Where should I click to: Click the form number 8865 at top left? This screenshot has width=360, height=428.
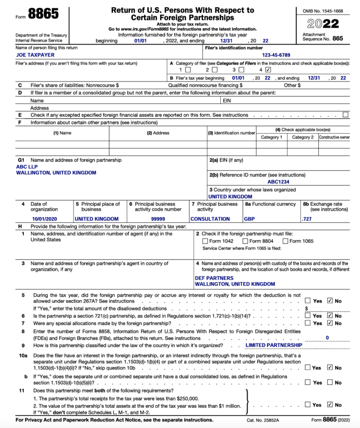tap(43, 14)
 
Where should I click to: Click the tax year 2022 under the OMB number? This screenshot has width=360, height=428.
tap(324, 23)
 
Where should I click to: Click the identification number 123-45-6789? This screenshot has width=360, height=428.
tap(279, 55)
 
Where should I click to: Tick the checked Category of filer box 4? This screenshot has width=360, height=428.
tap(268, 70)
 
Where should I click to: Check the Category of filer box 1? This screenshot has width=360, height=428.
tap(187, 70)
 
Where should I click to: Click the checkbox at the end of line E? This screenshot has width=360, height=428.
tap(345, 114)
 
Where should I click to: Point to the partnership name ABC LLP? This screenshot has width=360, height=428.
tap(27, 166)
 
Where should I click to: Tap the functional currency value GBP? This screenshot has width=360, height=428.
tap(249, 219)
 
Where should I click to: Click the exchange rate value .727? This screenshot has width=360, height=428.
tap(307, 219)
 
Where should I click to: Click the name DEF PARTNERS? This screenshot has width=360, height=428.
tap(214, 278)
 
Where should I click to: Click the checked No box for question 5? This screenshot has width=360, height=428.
tap(330, 300)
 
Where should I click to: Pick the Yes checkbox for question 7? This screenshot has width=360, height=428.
tap(307, 323)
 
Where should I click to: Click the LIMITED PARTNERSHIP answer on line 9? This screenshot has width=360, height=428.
tap(274, 345)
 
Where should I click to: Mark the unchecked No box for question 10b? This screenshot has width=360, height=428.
tap(330, 383)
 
